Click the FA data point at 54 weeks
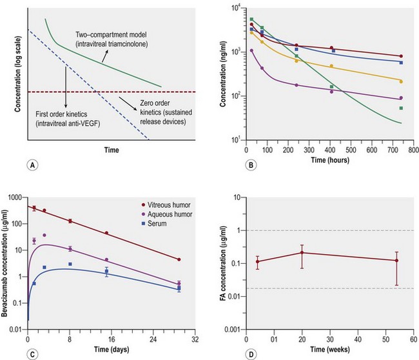tap(396, 261)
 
